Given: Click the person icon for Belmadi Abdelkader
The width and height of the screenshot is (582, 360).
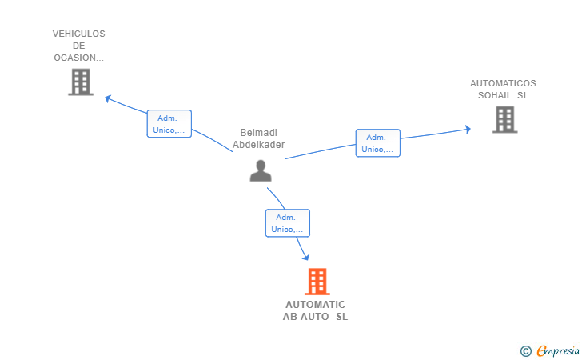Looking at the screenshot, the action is (261, 170).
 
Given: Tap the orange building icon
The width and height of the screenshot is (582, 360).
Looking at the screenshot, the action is (317, 282).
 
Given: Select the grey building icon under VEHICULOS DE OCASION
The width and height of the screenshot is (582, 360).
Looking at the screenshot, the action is (81, 82).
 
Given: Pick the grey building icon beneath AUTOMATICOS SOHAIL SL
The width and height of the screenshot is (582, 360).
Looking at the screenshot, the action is (504, 120).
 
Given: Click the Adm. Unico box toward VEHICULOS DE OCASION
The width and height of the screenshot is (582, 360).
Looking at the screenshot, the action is (169, 124).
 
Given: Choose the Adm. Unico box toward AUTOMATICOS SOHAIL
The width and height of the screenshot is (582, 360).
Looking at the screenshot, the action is (378, 143).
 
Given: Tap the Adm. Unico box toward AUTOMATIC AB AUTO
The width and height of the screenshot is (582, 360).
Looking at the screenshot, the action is (288, 223).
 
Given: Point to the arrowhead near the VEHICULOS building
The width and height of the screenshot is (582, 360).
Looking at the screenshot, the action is (108, 99).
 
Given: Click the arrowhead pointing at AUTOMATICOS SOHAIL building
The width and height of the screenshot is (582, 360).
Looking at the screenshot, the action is (468, 130).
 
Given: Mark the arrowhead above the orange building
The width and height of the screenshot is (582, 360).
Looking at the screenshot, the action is (305, 257).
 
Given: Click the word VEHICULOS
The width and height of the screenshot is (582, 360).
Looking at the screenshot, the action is (78, 34).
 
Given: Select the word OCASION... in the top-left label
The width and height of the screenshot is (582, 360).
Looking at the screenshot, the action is (78, 58).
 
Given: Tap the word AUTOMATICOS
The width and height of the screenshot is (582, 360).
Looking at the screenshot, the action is (503, 83).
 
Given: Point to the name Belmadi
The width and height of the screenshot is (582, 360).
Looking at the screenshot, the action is (259, 133).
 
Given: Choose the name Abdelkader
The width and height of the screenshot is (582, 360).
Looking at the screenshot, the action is (259, 145).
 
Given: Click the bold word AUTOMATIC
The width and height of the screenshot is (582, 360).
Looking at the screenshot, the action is (315, 305).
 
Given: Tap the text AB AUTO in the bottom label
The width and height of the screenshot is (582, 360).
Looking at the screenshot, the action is (306, 317).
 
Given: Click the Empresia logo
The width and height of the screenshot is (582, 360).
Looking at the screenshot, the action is (558, 350).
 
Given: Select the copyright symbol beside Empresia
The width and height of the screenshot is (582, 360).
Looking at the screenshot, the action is (525, 351).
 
